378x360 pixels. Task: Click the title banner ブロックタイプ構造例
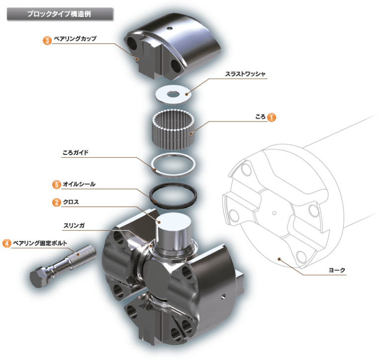click(x=60, y=14)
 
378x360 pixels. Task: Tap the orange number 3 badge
click(x=47, y=40)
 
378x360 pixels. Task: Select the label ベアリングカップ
click(x=75, y=39)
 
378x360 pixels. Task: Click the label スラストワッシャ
click(x=245, y=74)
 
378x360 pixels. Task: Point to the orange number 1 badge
click(x=272, y=118)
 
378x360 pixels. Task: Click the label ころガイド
click(x=76, y=152)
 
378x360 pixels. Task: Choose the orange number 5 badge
click(x=57, y=185)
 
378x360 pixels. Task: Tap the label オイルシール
click(x=79, y=184)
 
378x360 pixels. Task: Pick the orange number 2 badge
click(x=57, y=202)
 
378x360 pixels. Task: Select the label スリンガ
click(x=74, y=226)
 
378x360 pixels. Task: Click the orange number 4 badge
click(x=7, y=243)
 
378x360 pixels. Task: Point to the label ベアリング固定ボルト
click(x=40, y=243)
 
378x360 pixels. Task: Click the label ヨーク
click(x=337, y=270)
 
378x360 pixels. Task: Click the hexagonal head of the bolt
click(x=39, y=277)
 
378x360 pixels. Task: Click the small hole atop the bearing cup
click(x=170, y=28)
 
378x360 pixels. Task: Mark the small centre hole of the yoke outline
click(x=274, y=213)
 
